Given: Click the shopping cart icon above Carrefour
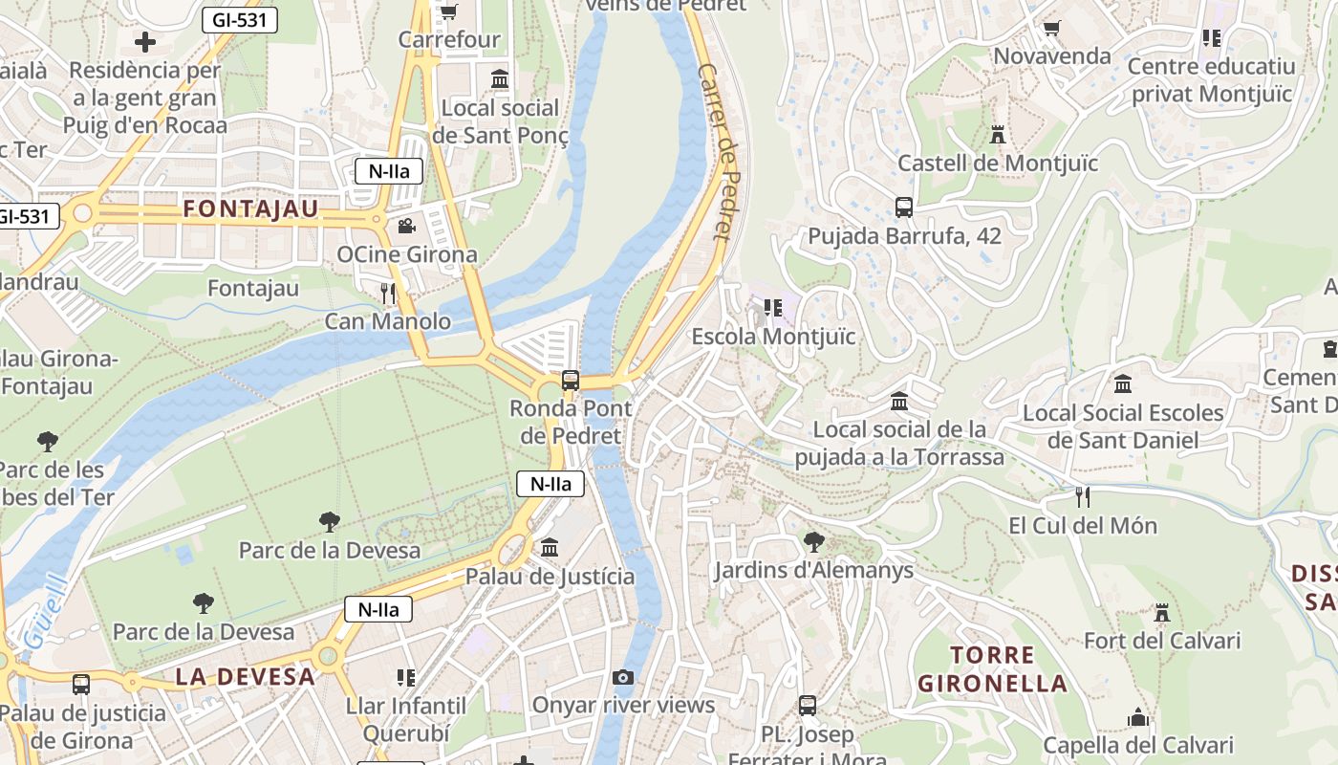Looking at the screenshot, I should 447,12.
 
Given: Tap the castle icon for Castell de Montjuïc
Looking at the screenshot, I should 998,135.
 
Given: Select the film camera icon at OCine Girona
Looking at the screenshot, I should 406,227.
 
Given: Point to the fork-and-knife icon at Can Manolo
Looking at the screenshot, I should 387,293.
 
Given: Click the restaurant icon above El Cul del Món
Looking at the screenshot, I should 1082,496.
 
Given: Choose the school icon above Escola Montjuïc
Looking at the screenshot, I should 772,308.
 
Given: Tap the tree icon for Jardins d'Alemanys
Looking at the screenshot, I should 813,542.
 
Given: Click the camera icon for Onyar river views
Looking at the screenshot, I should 623,677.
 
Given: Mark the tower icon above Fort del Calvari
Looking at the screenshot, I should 1162,612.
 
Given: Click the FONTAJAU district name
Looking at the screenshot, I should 250,208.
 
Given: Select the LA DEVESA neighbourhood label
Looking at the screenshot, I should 245,676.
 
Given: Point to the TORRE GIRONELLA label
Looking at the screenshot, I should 993,669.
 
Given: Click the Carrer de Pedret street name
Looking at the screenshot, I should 722,151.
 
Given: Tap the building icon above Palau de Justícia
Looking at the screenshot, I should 550,548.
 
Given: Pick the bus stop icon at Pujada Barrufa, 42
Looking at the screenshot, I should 903,207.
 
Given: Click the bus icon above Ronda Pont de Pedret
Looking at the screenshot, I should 571,380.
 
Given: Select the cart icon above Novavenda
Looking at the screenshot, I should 1051,28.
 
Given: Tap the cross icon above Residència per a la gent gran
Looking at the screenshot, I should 145,41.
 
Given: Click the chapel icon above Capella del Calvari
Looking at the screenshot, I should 1137,716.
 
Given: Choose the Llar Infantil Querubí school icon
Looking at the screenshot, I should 406,678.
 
